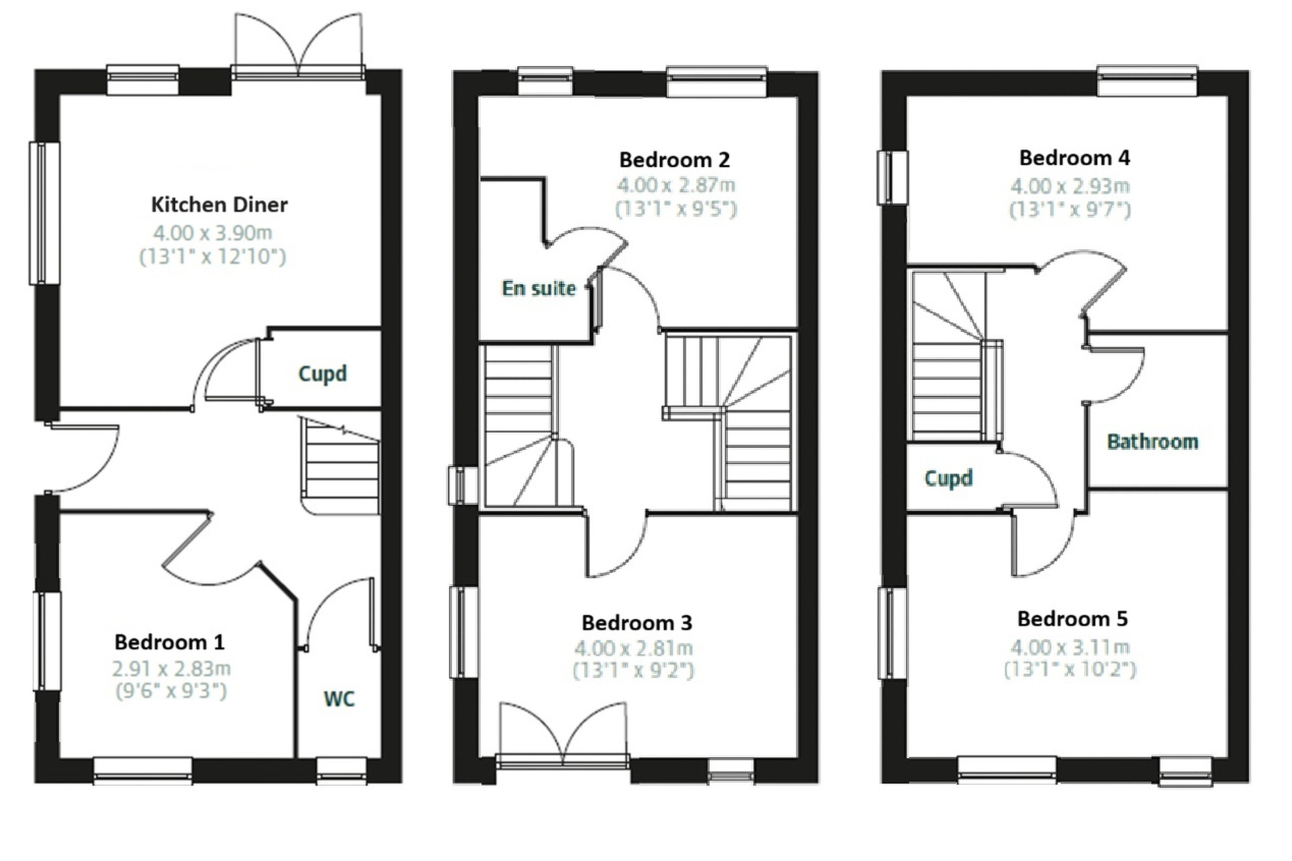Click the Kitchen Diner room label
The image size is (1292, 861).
(219, 204)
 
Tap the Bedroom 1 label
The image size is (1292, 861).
(170, 642)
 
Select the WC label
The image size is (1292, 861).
(339, 699)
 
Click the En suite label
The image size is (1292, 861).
(539, 289)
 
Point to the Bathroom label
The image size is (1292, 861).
(1153, 442)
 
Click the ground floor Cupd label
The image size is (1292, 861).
(323, 374)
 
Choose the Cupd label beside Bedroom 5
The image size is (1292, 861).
(949, 478)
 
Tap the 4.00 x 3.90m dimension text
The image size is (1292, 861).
(213, 233)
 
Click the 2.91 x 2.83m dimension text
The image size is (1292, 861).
(172, 669)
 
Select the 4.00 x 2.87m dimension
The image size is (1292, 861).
(676, 185)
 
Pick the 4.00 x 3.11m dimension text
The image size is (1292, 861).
(1070, 647)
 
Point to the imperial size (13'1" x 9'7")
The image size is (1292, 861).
(1070, 209)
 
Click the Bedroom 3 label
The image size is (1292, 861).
(637, 623)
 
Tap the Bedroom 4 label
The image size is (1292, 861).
(1075, 158)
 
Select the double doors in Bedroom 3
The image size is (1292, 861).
(564, 735)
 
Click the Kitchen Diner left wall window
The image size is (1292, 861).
(44, 213)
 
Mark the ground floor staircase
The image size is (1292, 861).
(340, 466)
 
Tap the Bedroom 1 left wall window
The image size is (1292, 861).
(47, 641)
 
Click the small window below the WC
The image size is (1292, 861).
(342, 771)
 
